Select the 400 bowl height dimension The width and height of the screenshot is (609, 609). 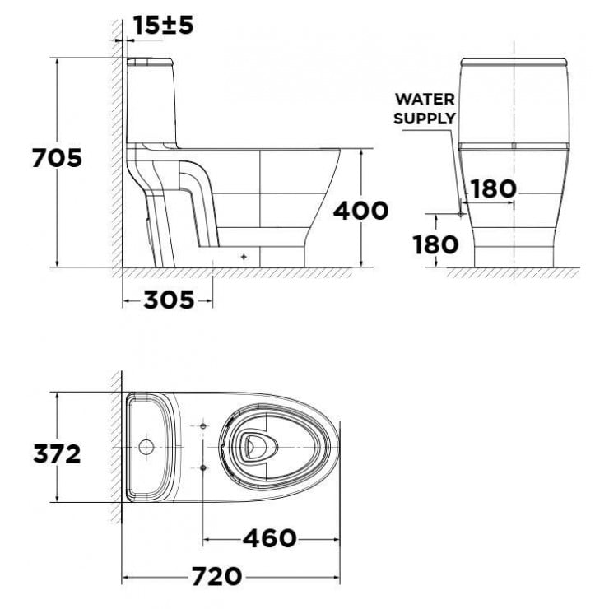(x=360, y=211)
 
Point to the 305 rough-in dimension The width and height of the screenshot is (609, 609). (x=169, y=300)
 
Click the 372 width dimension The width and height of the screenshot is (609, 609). (x=56, y=453)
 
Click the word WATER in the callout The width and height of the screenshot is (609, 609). (x=425, y=99)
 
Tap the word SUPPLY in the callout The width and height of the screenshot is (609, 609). (x=424, y=118)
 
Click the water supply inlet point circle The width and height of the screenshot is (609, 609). (x=460, y=213)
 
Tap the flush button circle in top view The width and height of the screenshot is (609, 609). (x=146, y=448)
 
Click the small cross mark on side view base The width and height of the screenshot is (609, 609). (x=244, y=256)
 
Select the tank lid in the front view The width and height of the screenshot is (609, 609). (x=514, y=63)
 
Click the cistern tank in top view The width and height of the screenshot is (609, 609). (x=148, y=448)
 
